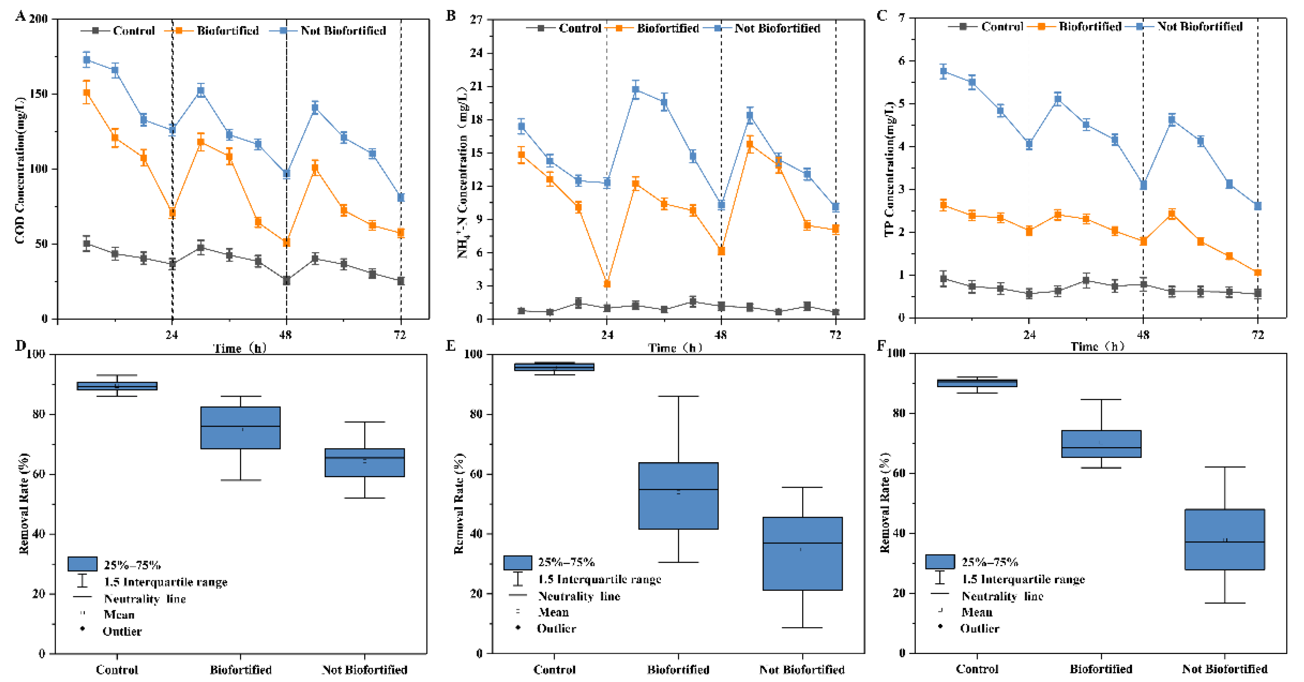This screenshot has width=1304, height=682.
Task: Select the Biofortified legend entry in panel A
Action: (227, 30)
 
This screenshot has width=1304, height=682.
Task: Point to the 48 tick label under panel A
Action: (286, 335)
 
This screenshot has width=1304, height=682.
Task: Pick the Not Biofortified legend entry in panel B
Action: (776, 28)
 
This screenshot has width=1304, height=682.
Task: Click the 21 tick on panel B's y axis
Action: (476, 86)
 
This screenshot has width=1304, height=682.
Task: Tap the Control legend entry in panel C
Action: (1001, 26)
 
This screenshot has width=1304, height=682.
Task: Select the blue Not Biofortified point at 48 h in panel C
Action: (1143, 185)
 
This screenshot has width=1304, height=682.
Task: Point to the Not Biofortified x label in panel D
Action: (365, 669)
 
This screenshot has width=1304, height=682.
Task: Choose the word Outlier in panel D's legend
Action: (122, 631)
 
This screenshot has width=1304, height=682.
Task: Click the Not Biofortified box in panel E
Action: (803, 553)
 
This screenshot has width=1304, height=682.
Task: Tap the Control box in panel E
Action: (554, 367)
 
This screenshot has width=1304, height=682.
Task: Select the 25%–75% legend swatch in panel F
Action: (939, 562)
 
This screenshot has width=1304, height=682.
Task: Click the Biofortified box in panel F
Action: (1101, 444)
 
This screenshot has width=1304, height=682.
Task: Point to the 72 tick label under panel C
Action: (1257, 335)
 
